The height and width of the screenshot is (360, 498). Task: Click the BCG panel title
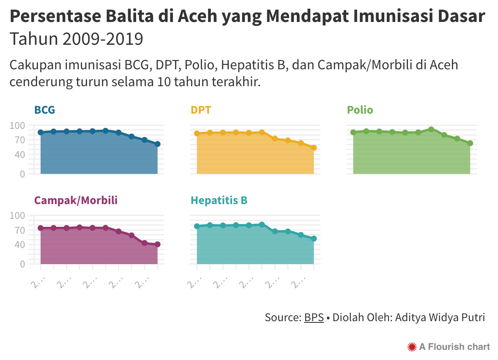click(x=44, y=110)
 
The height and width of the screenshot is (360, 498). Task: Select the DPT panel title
click(x=201, y=110)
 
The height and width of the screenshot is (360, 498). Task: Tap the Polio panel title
click(x=360, y=110)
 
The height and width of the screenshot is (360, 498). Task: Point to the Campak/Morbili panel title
click(x=76, y=200)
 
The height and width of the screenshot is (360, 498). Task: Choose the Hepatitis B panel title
click(x=219, y=200)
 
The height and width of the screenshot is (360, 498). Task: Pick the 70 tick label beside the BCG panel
click(x=19, y=140)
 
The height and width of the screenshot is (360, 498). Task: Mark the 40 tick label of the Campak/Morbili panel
click(x=19, y=245)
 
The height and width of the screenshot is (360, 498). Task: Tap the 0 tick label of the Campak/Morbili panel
click(x=22, y=264)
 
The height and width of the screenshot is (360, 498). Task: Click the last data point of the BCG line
click(x=157, y=144)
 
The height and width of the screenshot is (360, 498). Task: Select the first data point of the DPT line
click(x=197, y=134)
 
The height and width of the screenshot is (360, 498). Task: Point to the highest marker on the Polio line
click(x=431, y=129)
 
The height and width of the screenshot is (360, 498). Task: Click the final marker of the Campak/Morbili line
click(x=157, y=244)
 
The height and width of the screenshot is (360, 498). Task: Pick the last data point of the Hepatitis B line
click(x=314, y=239)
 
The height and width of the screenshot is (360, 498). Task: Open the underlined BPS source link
click(x=314, y=317)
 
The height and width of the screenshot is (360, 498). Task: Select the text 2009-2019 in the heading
click(x=103, y=39)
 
